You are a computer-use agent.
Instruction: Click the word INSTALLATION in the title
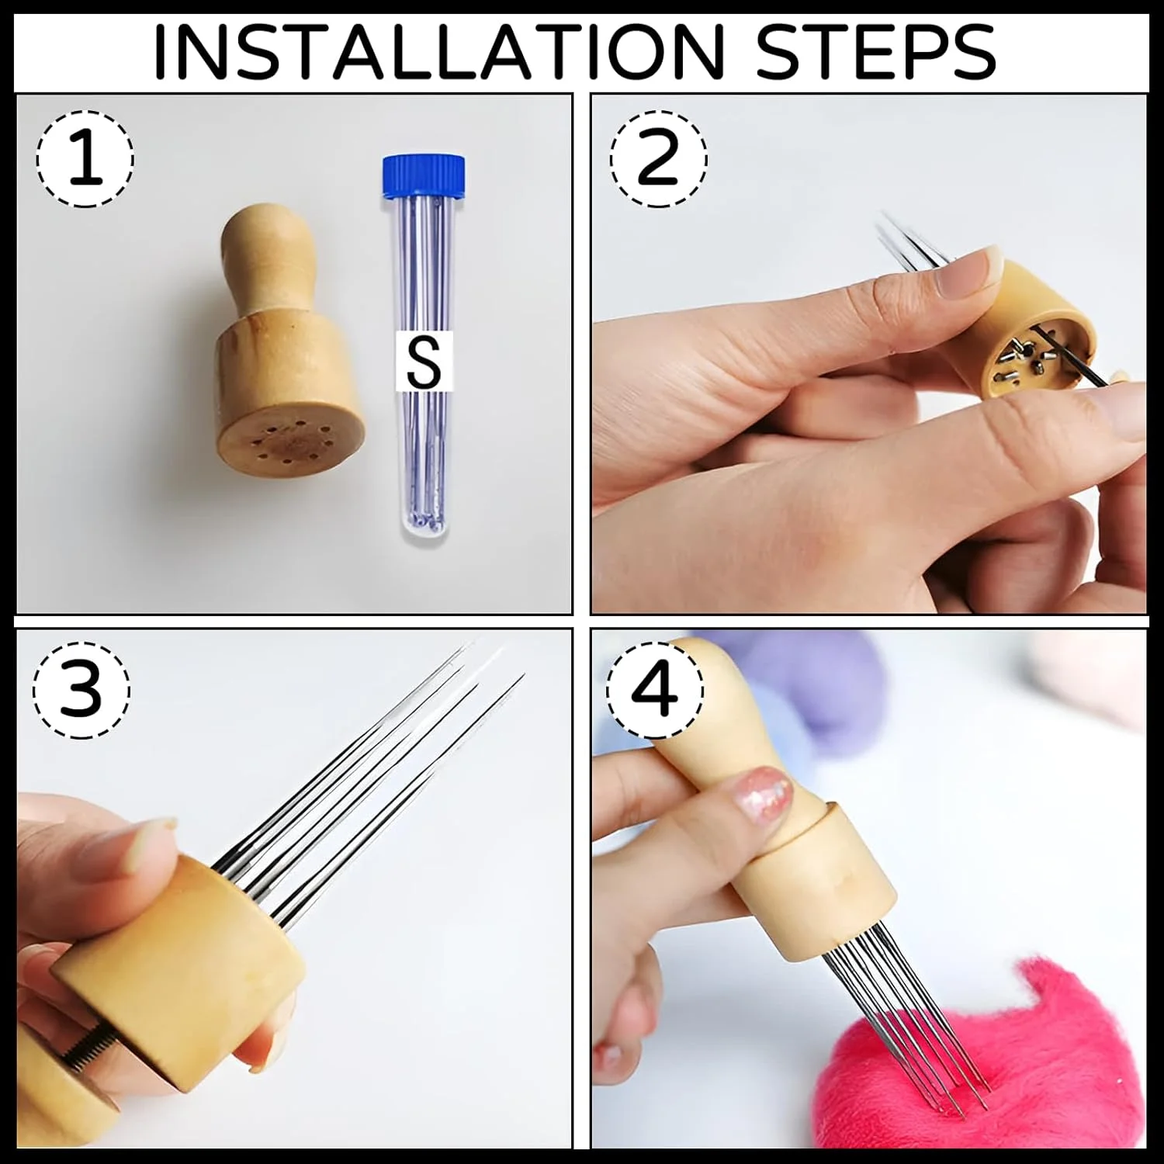click(x=438, y=52)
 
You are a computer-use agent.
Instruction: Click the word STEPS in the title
click(x=875, y=52)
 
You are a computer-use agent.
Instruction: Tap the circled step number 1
click(x=85, y=159)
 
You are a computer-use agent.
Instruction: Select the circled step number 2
click(x=658, y=159)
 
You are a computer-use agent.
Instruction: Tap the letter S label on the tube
click(x=424, y=361)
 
